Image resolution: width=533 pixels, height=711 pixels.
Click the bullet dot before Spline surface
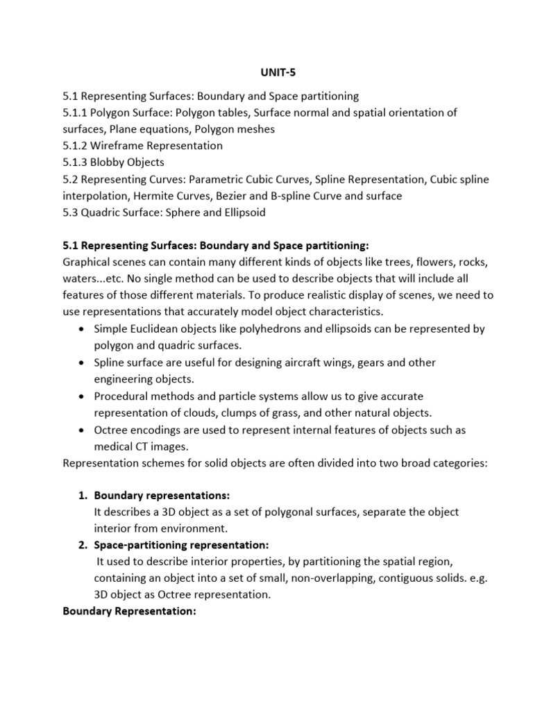(82, 362)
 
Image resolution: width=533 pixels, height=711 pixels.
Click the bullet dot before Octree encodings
(82, 430)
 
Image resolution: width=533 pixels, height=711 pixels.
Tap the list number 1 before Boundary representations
(81, 495)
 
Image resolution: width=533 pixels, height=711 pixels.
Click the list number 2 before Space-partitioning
(81, 544)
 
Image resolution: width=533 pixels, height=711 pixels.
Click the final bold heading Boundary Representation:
(130, 611)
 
